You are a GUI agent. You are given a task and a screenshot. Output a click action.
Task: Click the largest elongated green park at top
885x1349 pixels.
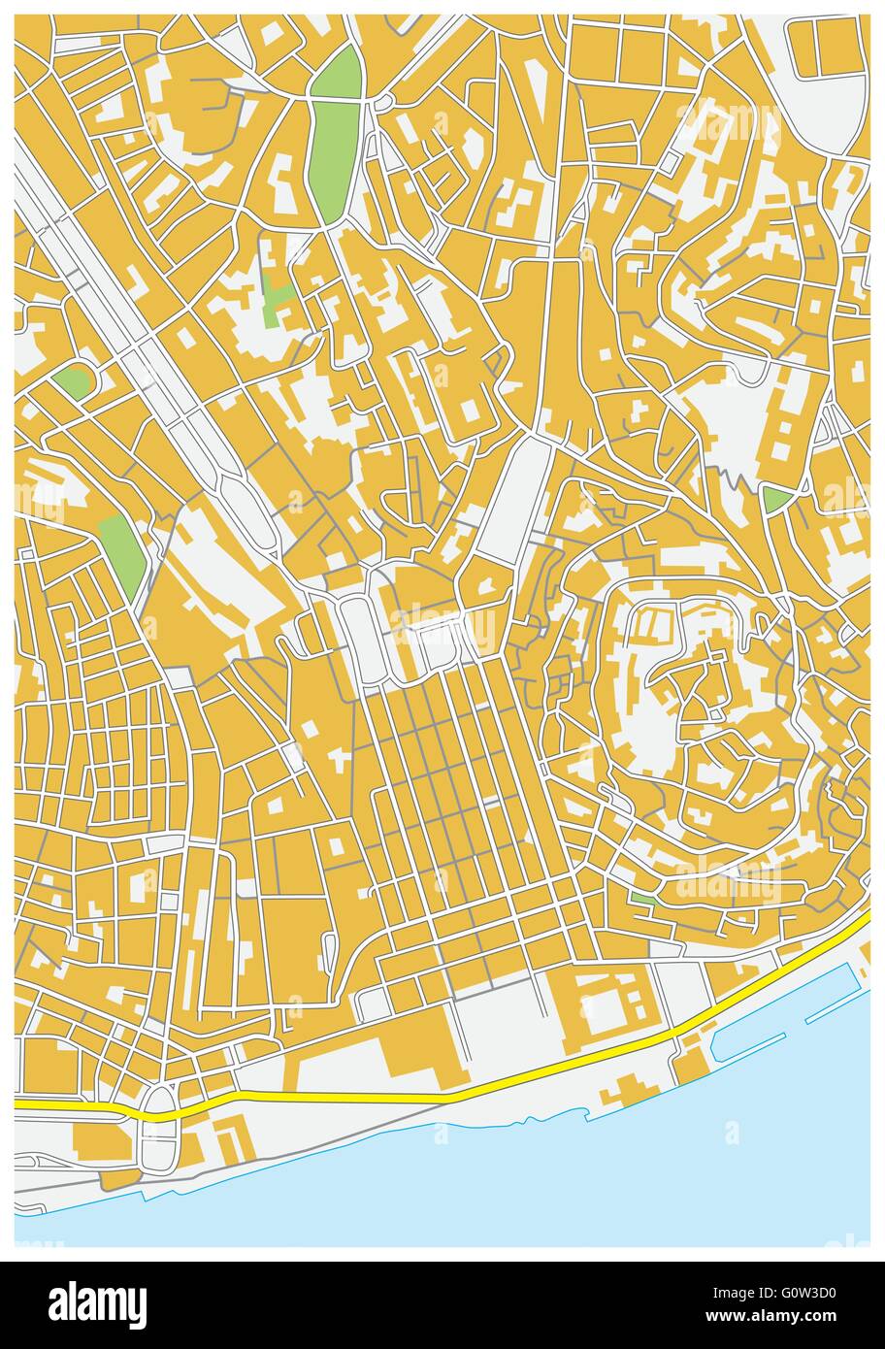point(334,136)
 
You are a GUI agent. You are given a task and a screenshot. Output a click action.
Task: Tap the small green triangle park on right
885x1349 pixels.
point(775,500)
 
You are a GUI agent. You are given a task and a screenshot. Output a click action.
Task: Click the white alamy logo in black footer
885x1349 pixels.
point(97,1304)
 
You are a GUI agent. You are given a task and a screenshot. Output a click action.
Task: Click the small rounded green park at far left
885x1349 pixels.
point(71,381)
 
